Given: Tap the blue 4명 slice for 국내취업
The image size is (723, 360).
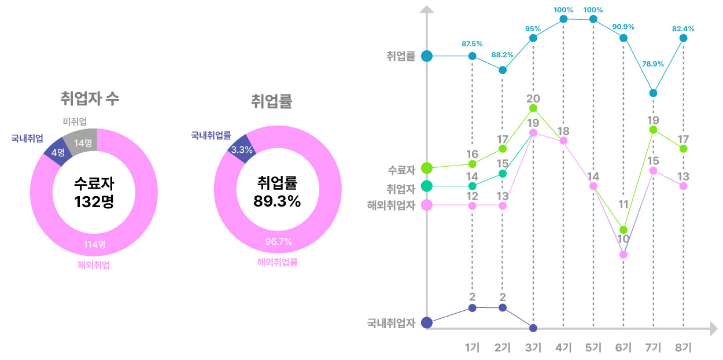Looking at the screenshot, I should [x=57, y=152].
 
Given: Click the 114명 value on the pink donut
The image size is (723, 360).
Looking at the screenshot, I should [x=94, y=244].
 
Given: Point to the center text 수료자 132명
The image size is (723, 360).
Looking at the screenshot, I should [x=94, y=193].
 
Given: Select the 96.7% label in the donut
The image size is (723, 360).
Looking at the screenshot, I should [x=278, y=241].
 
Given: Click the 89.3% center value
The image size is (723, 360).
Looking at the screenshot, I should [x=277, y=201].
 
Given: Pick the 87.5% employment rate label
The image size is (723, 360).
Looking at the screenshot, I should [x=472, y=44].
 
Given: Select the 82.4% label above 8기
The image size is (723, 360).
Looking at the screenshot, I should [x=683, y=28].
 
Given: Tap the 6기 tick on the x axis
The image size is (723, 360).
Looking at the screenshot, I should [x=623, y=347].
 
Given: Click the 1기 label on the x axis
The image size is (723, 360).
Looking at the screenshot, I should [x=472, y=347].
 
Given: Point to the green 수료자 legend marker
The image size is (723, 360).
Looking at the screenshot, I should [x=427, y=168].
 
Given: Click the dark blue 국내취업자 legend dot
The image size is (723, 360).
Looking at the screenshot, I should [x=427, y=322].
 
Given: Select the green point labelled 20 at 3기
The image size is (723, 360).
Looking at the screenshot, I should [x=533, y=108].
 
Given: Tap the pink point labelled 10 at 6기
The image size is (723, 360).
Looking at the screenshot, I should [x=623, y=254].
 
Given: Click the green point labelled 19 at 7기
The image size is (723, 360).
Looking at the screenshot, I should [x=653, y=130].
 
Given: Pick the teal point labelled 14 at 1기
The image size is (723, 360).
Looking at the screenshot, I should [x=472, y=186].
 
